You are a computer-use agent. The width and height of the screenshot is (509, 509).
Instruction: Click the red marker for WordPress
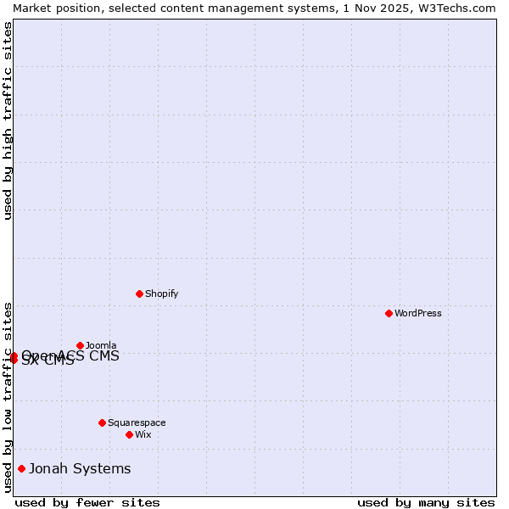389,313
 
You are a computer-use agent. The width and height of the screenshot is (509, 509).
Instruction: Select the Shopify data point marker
139,294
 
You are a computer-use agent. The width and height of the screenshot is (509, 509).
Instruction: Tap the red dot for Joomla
80,345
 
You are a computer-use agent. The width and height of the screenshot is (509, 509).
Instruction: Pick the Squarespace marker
102,422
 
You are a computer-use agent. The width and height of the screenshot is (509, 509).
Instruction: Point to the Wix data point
129,434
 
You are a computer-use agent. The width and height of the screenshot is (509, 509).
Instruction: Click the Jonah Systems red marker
21,468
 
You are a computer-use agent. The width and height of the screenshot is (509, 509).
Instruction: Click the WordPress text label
418,313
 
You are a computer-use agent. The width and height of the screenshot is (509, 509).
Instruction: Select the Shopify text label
161,294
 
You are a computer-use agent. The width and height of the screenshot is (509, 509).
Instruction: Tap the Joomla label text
101,345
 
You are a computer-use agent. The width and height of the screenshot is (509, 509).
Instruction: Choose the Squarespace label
137,422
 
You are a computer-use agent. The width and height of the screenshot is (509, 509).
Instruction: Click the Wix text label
143,434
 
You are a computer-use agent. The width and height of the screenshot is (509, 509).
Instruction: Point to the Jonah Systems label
80,468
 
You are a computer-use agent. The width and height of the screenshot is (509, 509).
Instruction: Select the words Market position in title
51,8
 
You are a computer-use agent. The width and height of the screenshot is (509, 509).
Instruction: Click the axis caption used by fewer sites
87,502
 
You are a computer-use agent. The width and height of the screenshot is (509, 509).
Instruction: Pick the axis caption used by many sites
426,502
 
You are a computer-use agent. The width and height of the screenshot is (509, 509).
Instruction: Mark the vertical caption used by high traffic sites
8,120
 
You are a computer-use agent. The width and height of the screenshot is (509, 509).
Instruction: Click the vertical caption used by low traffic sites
8,396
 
